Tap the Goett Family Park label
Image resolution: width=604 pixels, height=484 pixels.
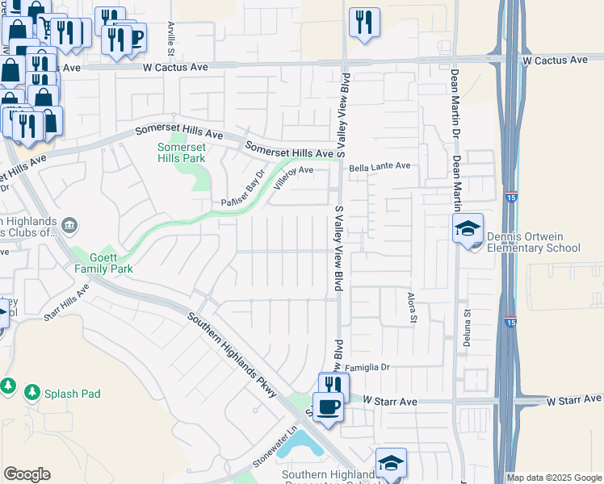103,261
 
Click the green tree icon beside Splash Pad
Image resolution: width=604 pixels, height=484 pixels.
32,393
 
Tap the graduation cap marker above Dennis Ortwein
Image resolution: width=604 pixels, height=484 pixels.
468,230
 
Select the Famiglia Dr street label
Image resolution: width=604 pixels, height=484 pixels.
368,367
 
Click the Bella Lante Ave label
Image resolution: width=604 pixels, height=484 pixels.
380,166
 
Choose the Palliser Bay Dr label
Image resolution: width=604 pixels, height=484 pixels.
244,190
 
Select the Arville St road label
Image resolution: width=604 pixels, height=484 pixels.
171,39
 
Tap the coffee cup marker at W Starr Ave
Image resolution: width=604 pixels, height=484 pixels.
328,407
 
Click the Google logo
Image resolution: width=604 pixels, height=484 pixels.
27,474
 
